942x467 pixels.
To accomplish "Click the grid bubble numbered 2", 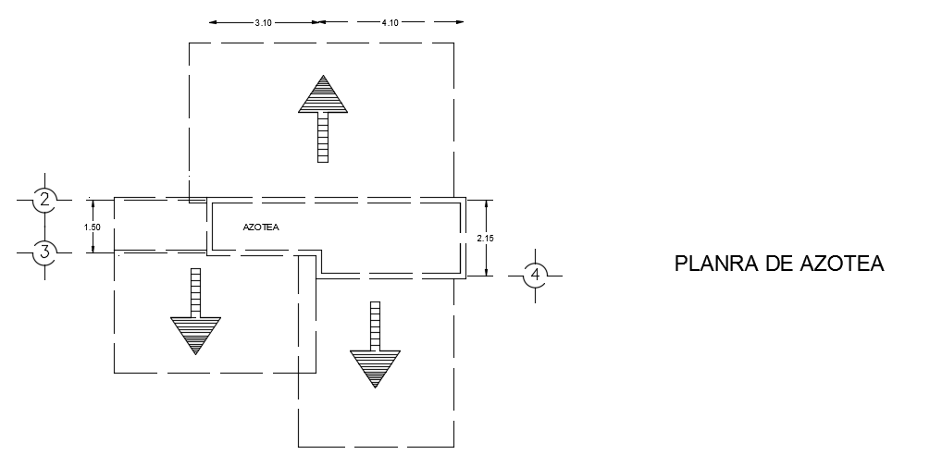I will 43,198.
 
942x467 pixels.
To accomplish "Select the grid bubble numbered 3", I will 43,251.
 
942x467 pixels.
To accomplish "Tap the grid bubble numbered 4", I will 534,275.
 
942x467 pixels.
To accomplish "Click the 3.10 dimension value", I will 263,23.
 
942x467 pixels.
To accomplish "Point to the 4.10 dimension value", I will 390,23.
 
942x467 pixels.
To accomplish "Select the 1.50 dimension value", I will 91,225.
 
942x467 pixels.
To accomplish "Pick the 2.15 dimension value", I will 485,238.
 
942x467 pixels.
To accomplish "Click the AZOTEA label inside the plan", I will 260,227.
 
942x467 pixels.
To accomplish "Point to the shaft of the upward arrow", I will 323,137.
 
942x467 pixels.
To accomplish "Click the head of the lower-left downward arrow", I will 195,334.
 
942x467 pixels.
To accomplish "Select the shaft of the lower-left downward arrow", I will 195,291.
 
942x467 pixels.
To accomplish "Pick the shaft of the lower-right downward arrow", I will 375,325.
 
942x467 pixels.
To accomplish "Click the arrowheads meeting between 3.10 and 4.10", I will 317,21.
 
